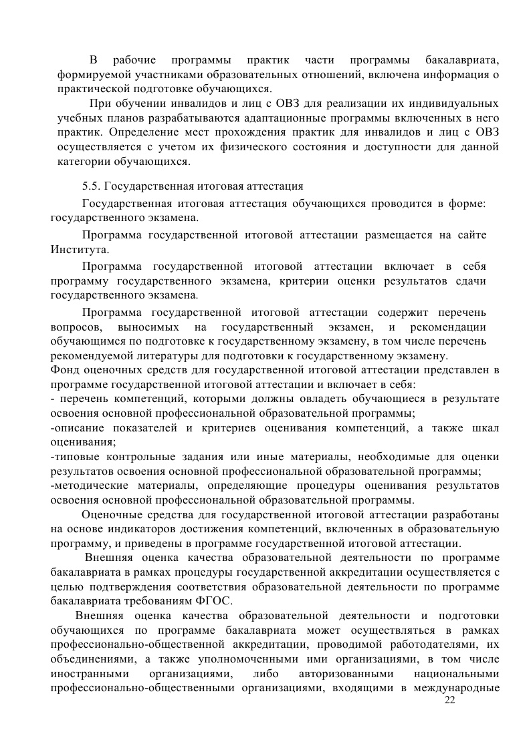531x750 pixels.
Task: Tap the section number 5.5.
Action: [x=92, y=185]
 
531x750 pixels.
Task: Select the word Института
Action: [x=78, y=250]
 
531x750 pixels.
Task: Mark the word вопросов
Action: [x=76, y=327]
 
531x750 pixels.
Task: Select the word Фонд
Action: [x=64, y=369]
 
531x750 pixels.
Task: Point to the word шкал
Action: [x=485, y=427]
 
